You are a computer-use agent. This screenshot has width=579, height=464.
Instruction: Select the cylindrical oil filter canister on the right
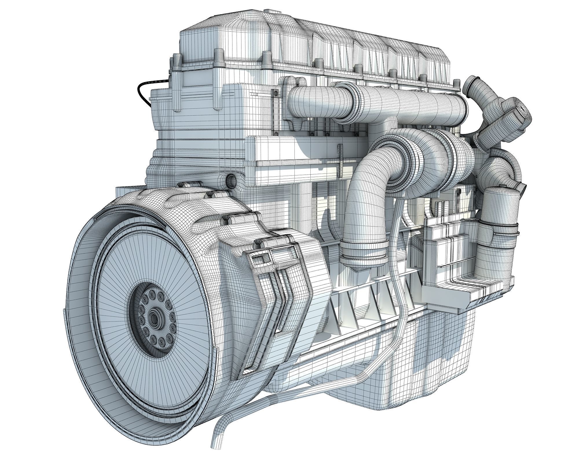496,220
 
